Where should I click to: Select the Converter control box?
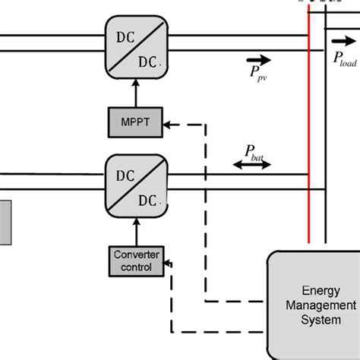[136, 261]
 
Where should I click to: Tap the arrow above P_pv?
[257, 58]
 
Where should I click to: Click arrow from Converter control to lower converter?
[134, 231]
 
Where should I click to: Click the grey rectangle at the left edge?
[5, 222]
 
